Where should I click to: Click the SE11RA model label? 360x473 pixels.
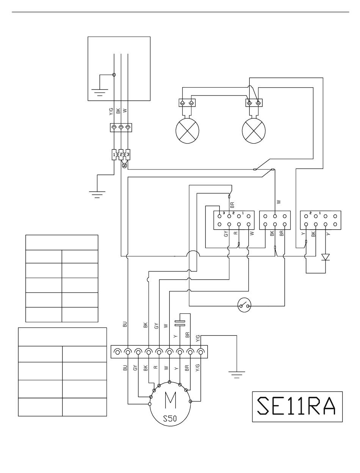pos(297,406)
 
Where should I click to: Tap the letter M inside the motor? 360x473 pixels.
pos(169,399)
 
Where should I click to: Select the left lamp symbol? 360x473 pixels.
pos(187,130)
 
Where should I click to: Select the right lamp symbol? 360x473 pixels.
pos(253,130)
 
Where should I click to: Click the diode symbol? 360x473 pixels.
pos(325,257)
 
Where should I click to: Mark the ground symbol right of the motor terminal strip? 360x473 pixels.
pos(236,374)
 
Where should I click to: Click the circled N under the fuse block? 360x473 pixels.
pos(124,165)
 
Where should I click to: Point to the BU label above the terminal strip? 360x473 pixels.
pos(125,324)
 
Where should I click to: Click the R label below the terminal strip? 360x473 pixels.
pos(155,367)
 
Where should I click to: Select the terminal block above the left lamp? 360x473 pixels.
pos(187,103)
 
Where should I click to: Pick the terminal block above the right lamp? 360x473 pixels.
pos(254,103)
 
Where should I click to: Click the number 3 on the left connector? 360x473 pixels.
pos(224,213)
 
